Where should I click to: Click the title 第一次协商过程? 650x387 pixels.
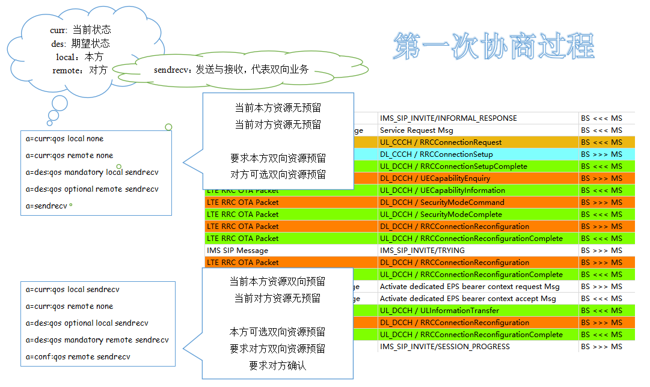coord(494,46)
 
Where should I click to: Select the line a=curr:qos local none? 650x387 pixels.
coord(64,139)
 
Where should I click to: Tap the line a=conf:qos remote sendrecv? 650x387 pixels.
coord(78,357)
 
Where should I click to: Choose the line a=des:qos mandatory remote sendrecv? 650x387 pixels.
coord(97,340)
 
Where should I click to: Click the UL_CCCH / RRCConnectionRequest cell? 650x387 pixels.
coord(441,142)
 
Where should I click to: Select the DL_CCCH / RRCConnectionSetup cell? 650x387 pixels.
coord(436,154)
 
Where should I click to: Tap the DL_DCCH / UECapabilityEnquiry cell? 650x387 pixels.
coord(435,178)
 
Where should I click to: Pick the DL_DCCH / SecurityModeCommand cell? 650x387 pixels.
coord(442,203)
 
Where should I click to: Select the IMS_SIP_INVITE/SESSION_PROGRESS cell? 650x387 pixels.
coord(444,347)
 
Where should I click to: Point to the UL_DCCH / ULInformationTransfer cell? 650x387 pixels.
coord(440,311)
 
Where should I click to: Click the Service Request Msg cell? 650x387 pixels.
coord(416,130)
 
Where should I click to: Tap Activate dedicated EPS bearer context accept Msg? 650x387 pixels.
coord(468,299)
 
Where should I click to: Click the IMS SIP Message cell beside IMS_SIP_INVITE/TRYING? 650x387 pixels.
coord(238,251)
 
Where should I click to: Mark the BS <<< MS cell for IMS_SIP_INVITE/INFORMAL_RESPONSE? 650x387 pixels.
coord(601,118)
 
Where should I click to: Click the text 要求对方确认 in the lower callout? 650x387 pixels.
coord(277,365)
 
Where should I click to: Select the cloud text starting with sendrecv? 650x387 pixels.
coord(231,70)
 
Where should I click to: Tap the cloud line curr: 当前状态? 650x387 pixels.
coord(81,30)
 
